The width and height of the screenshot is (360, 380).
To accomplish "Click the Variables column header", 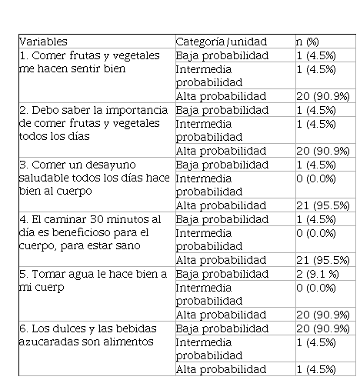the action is (43, 42).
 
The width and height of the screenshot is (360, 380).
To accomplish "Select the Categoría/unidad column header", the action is (222, 42).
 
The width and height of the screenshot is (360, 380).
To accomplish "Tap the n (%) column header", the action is (308, 42).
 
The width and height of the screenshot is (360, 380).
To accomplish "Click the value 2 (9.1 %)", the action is (318, 274).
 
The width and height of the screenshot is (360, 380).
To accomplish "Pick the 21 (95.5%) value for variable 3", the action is (323, 205).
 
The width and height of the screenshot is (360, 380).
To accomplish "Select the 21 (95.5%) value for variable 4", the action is (323, 260).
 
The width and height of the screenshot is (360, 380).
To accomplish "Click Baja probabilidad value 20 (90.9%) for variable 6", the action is (323, 328).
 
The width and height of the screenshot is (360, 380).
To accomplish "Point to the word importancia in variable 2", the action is (137, 111).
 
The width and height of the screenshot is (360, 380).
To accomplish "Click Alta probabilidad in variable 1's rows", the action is (221, 97).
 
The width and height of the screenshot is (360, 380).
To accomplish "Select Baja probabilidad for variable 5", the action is (222, 275).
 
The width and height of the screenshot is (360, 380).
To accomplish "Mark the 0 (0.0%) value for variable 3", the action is (316, 178).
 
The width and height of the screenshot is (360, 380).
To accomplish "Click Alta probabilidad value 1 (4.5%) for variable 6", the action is (316, 369).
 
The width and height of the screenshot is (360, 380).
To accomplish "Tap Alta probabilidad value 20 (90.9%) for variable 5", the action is (323, 315).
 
